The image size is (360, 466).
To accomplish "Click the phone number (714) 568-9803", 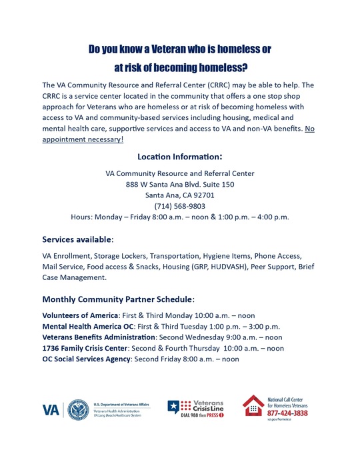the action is click(x=179, y=205).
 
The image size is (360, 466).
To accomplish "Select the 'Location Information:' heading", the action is click(x=179, y=157).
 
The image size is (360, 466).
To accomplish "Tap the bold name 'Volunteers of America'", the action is click(x=80, y=315).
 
